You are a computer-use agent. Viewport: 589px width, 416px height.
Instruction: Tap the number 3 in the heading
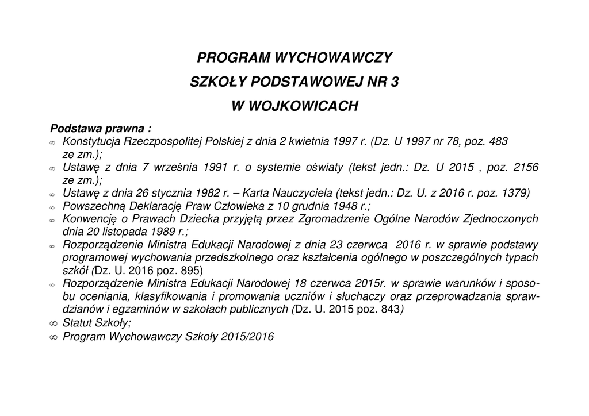394,82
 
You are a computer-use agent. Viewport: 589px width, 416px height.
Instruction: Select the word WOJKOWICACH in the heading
308,106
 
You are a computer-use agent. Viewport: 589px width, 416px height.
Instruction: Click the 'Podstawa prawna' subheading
101,128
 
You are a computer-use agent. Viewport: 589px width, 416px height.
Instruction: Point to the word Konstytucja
89,141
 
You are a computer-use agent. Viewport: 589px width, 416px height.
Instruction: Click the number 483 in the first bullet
498,141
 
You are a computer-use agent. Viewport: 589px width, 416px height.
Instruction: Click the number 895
189,270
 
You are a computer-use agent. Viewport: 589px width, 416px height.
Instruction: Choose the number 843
388,309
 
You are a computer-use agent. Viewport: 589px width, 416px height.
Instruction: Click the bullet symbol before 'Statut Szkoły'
53,323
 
